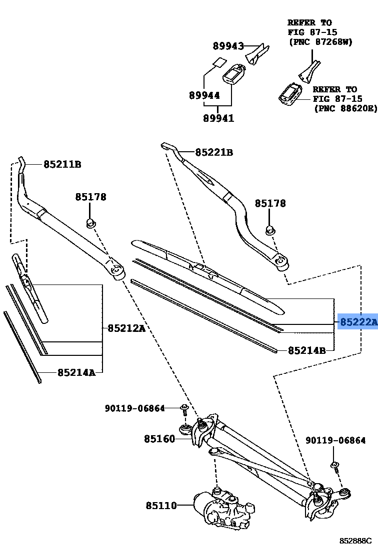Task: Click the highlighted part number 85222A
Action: pyautogui.click(x=358, y=323)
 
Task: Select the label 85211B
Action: pyautogui.click(x=62, y=164)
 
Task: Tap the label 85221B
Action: pyautogui.click(x=213, y=152)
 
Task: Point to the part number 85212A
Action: pyautogui.click(x=126, y=328)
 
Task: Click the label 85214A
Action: pyautogui.click(x=76, y=372)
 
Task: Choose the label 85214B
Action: pyautogui.click(x=306, y=350)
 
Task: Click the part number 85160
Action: pyautogui.click(x=159, y=439)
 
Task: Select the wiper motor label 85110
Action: pyautogui.click(x=161, y=506)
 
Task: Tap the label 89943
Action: pyautogui.click(x=227, y=46)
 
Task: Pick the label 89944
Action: pyautogui.click(x=204, y=95)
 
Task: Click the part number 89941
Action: pyautogui.click(x=218, y=118)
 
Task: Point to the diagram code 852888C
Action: pyautogui.click(x=355, y=541)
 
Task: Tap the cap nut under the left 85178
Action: pyautogui.click(x=90, y=222)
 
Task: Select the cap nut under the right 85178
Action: pyautogui.click(x=269, y=230)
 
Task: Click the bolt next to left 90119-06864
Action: pyautogui.click(x=184, y=409)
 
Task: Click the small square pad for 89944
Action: pyautogui.click(x=217, y=63)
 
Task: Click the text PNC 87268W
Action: pyautogui.click(x=320, y=41)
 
